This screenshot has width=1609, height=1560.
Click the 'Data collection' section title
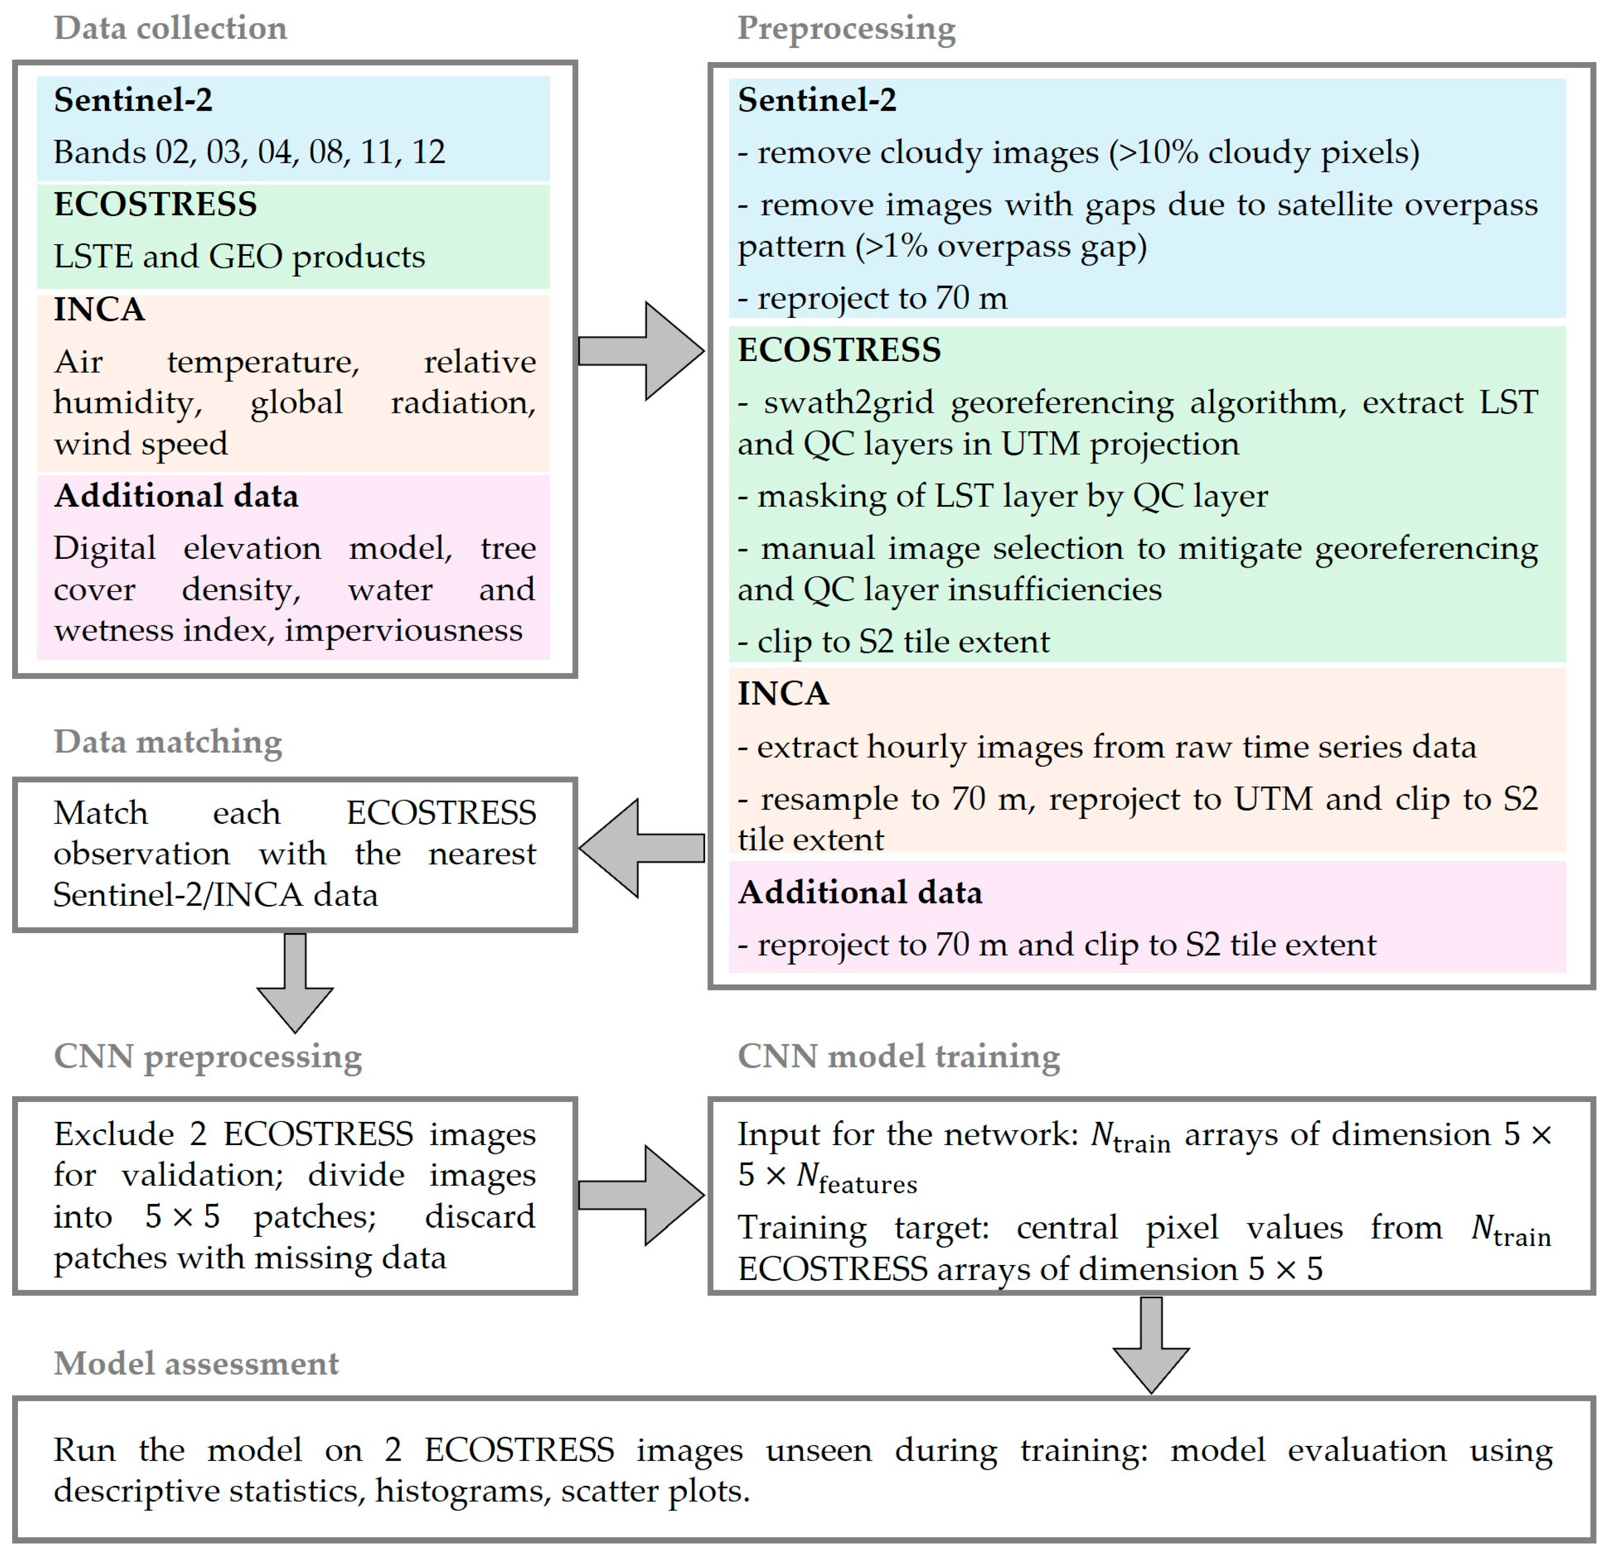[x=171, y=28]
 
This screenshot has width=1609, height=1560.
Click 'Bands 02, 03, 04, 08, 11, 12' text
[x=249, y=152]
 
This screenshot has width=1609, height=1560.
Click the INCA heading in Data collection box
[x=99, y=311]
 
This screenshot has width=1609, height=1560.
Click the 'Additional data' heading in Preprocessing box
[x=860, y=892]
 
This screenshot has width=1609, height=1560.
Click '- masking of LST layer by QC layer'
[x=1002, y=496]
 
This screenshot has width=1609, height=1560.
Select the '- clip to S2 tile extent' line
[x=893, y=641]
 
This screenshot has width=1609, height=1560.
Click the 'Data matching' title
[x=168, y=741]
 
